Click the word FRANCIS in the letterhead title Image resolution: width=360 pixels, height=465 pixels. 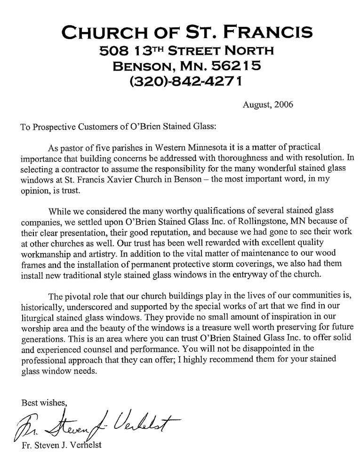[x=267, y=32]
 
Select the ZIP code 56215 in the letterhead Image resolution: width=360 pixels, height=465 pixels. [x=234, y=65]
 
